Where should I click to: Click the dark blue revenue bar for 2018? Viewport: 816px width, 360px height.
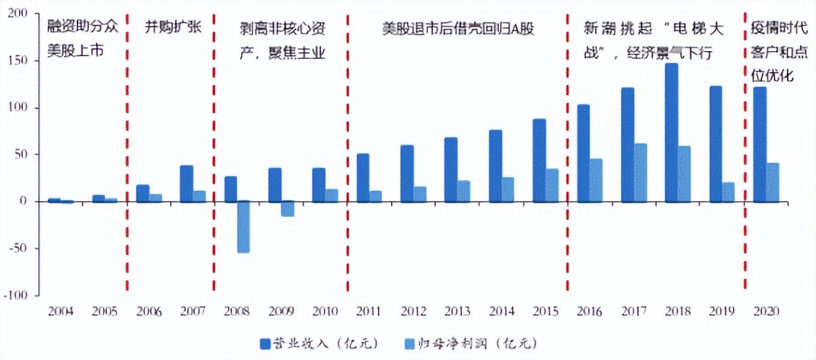[x=671, y=133]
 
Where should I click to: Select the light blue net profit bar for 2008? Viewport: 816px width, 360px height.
[x=243, y=227]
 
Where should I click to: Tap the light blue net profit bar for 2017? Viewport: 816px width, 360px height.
[x=641, y=173]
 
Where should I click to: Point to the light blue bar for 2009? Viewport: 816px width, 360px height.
[x=287, y=209]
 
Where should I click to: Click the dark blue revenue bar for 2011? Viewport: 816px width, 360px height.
[x=363, y=178]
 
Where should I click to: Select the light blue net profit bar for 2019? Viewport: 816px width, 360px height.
[x=728, y=192]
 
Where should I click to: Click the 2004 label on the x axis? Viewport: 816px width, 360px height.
[x=62, y=312]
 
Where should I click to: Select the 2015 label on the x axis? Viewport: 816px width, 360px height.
[x=546, y=312]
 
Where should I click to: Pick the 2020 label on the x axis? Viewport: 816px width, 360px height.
[x=766, y=312]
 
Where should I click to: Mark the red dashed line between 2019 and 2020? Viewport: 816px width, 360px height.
[x=745, y=150]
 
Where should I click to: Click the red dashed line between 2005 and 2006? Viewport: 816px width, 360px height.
[x=127, y=150]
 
